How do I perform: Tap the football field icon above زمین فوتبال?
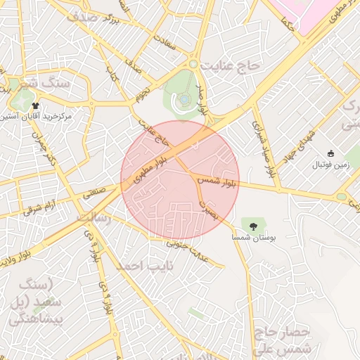point(331,154)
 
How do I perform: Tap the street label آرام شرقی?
point(39,205)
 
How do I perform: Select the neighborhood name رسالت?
point(94,219)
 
